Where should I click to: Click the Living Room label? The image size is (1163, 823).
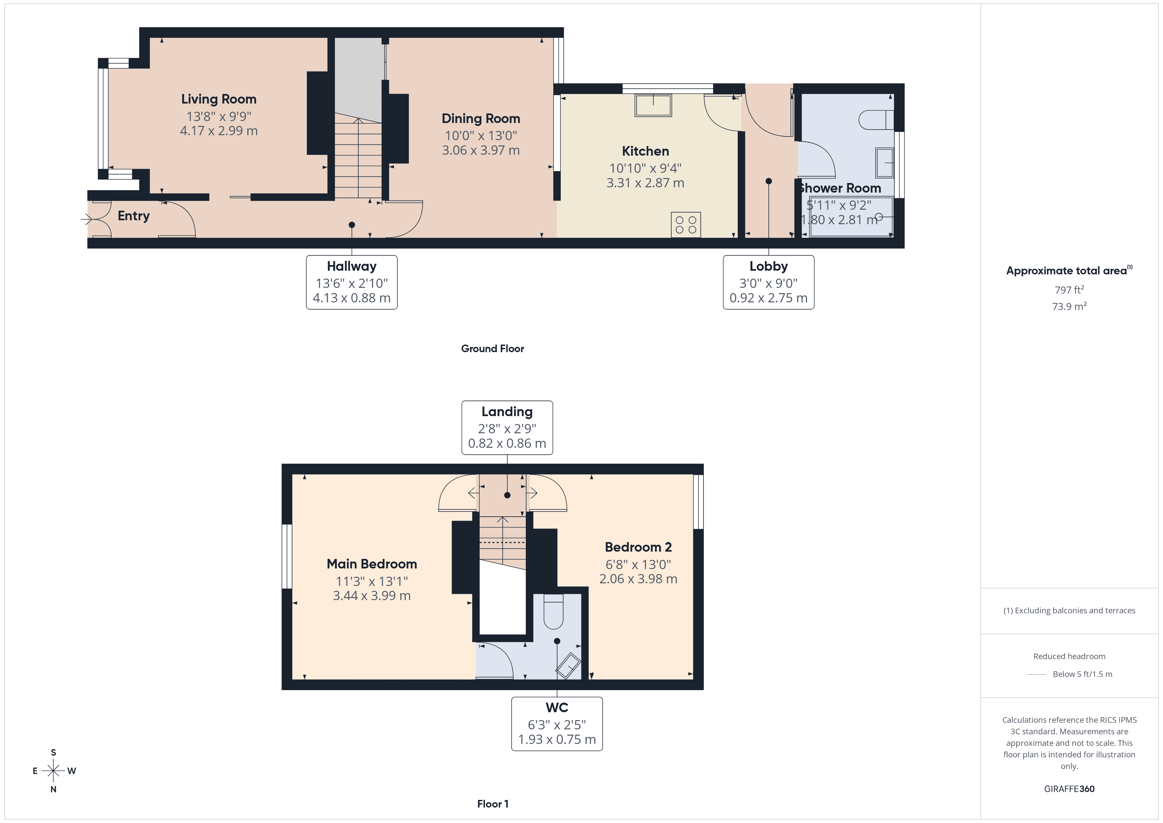coord(219,99)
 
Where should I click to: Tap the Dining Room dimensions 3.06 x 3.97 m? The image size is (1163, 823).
coord(481,150)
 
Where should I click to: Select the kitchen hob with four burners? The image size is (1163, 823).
coord(686,225)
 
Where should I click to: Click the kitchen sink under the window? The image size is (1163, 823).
coord(653,106)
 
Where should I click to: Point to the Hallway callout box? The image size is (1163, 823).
coord(351,282)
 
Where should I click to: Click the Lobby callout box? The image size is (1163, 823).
coord(768,282)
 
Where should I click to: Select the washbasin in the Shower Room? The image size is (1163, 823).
coord(884,162)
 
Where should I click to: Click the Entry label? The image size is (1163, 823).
coord(134,216)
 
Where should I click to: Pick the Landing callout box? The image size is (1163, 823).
coord(507,428)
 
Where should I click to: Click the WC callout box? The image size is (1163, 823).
coord(557,724)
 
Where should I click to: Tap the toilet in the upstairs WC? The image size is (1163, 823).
coord(553,612)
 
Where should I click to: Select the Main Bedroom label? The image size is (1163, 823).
coord(372,564)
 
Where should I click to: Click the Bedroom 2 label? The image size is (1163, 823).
coord(638,547)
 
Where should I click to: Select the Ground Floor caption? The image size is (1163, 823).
coord(492,349)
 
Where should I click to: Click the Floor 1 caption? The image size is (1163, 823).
coord(492,804)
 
